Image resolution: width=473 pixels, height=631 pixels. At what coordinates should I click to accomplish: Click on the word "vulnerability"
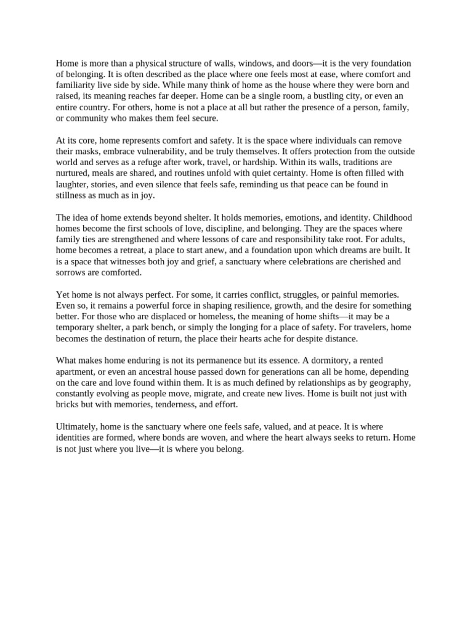pyautogui.click(x=166, y=152)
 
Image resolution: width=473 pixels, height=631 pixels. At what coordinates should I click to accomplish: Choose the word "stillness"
pyautogui.click(x=73, y=196)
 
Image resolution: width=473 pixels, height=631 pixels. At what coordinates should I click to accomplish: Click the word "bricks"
pyautogui.click(x=69, y=405)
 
